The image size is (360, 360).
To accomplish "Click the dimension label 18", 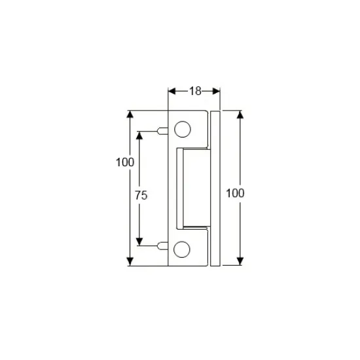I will tap(194, 92).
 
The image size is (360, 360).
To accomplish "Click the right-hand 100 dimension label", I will tap(234, 193).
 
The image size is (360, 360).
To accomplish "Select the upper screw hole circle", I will tap(183, 130).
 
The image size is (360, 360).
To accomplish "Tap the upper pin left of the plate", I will tap(162, 131).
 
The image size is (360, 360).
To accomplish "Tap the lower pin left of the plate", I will tap(162, 246).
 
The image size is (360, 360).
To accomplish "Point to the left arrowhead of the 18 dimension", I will tap(172, 92).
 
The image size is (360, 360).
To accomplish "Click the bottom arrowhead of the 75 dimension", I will tap(139, 242).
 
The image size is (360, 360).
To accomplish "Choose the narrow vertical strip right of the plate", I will tap(215, 189).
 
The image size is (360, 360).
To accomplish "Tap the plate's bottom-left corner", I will tap(169, 266).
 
